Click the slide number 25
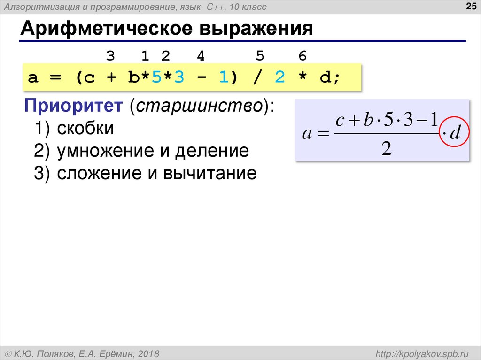point(469,6)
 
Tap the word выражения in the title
point(257,29)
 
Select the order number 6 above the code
point(303,57)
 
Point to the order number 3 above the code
point(110,57)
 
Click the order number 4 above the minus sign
point(201,57)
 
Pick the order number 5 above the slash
point(260,57)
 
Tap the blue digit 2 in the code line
point(280,77)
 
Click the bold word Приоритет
point(74,106)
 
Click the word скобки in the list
point(85,129)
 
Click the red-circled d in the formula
point(454,133)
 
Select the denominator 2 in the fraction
point(386,149)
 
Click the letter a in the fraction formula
point(307,134)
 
